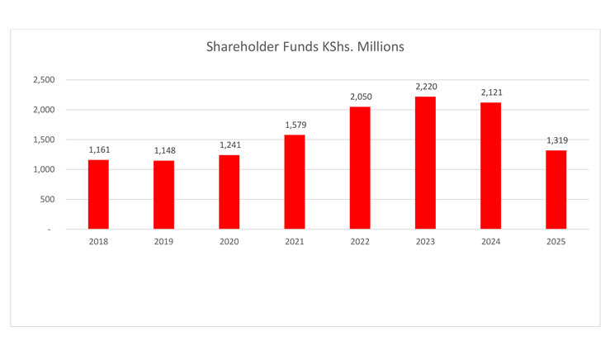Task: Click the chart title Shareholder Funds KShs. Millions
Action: click(x=305, y=47)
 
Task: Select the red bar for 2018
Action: click(x=98, y=194)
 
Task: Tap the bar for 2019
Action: click(x=163, y=195)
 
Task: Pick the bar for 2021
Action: click(x=295, y=182)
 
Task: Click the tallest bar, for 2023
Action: click(x=425, y=163)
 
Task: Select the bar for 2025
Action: click(x=556, y=189)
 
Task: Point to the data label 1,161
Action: click(x=99, y=149)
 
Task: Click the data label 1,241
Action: click(x=229, y=144)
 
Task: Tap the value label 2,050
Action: click(x=361, y=97)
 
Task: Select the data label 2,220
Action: click(x=426, y=86)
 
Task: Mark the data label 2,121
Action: click(x=491, y=92)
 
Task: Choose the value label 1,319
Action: click(x=556, y=140)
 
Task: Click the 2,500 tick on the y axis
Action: click(x=44, y=80)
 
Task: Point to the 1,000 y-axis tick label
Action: click(x=44, y=169)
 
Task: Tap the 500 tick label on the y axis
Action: click(x=47, y=199)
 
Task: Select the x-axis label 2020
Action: click(x=229, y=242)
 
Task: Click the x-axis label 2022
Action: click(x=360, y=242)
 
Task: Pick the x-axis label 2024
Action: click(x=491, y=242)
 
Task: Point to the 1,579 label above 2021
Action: click(x=296, y=125)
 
